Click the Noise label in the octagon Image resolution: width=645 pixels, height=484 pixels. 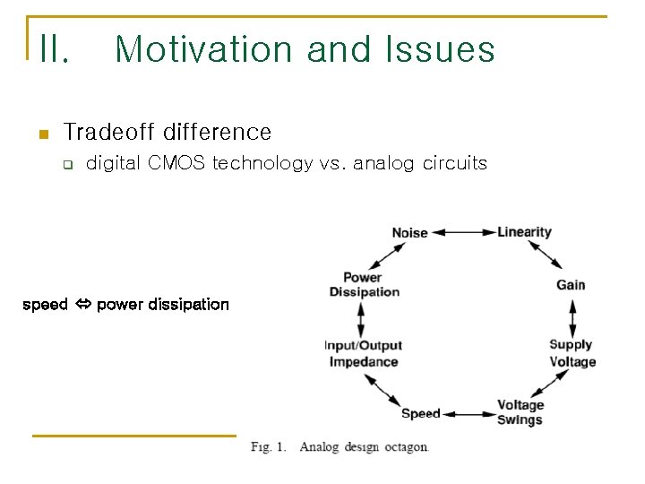pos(409,233)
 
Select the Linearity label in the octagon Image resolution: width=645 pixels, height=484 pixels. pos(524,232)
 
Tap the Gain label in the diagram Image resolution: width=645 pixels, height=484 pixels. pos(571,285)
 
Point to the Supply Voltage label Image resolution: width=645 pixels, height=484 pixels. pos(572,353)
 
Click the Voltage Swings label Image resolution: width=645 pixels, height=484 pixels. pos(520,412)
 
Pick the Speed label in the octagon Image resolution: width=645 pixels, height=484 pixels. pos(420,413)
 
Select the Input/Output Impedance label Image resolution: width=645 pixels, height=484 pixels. pos(364,354)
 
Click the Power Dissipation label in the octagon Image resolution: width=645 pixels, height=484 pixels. pos(364,284)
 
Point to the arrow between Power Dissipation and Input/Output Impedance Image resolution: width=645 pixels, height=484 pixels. pos(361,318)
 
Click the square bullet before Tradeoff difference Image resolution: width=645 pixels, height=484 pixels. pos(41,134)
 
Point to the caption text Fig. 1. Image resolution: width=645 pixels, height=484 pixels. pos(268,446)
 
